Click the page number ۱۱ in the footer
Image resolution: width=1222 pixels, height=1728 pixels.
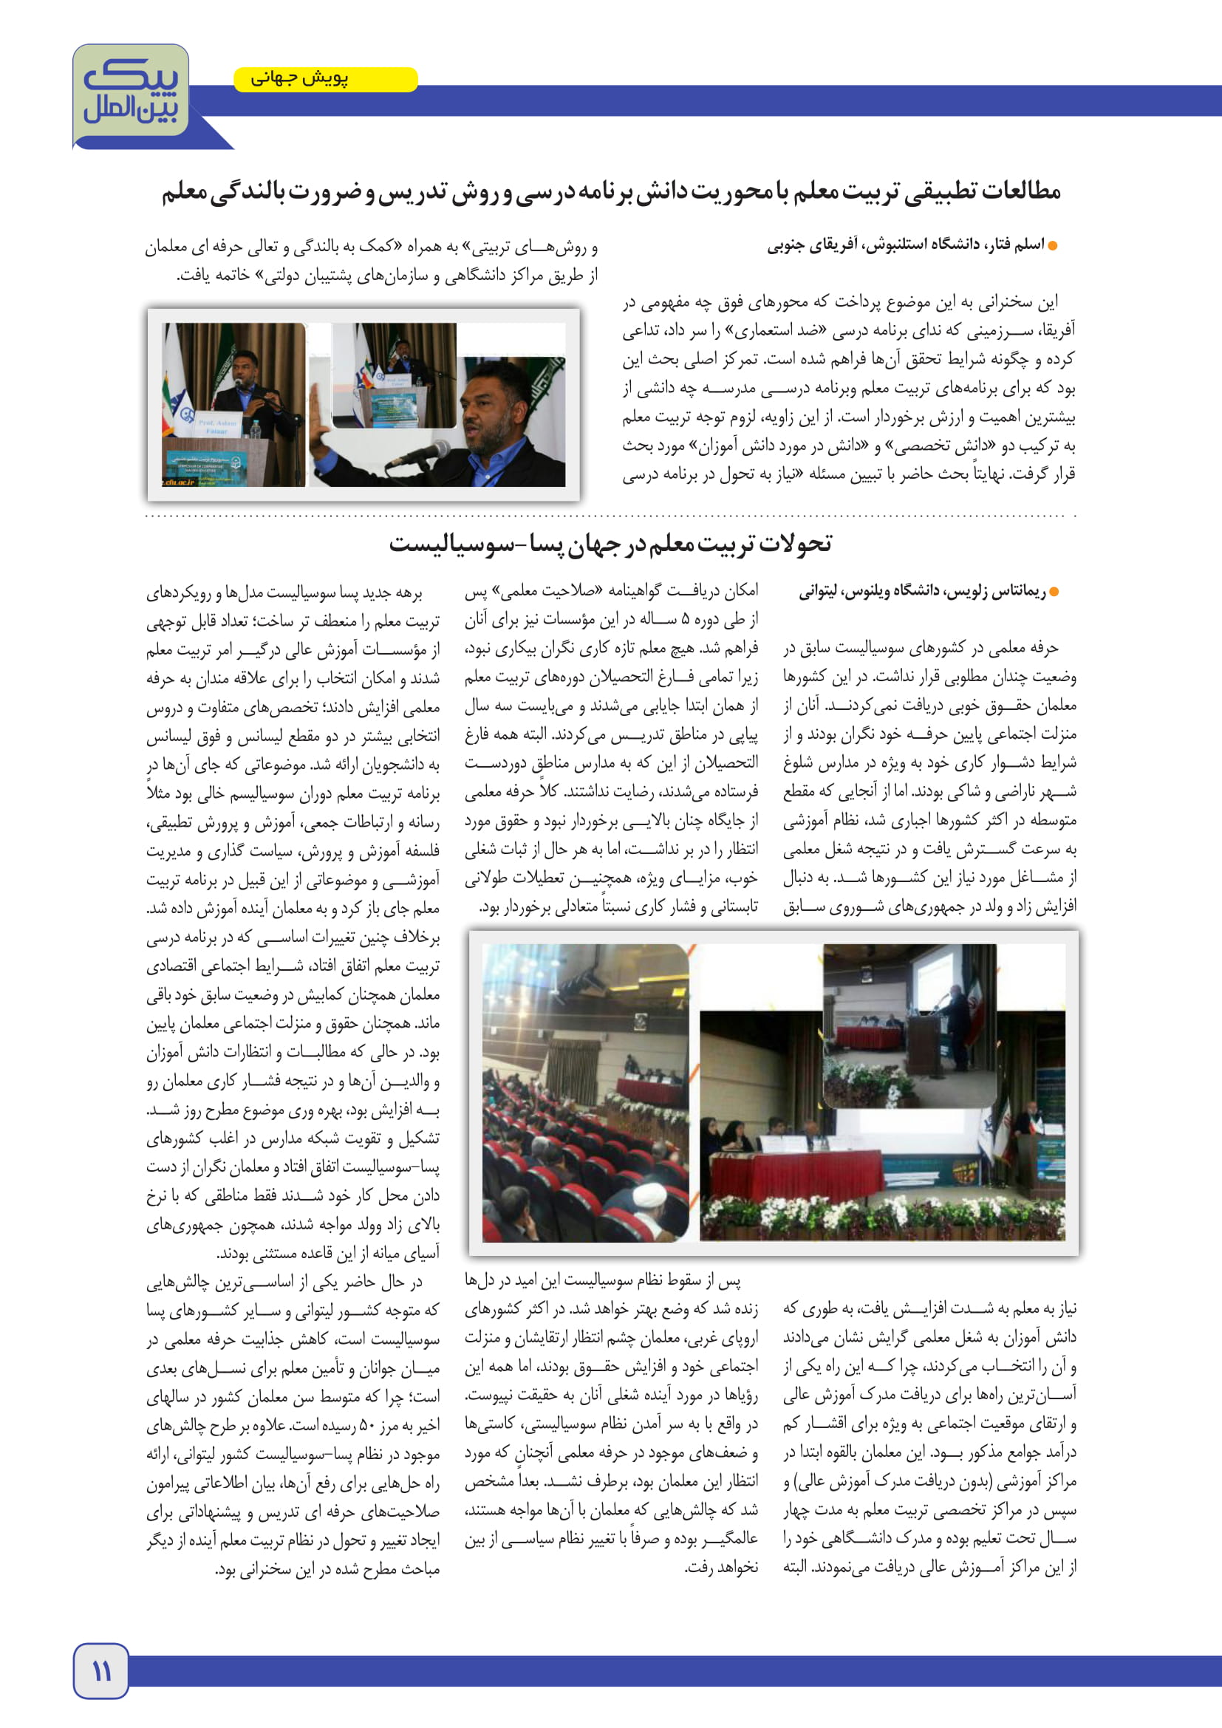[x=100, y=1672]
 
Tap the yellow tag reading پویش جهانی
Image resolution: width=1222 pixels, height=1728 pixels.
[x=325, y=79]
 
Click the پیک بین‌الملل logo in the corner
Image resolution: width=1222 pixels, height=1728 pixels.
[x=131, y=93]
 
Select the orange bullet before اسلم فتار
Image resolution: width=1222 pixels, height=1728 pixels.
[x=1053, y=246]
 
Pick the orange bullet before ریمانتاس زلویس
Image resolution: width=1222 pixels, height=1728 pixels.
[x=1054, y=592]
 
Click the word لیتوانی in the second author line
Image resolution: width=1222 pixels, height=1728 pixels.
[x=818, y=592]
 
